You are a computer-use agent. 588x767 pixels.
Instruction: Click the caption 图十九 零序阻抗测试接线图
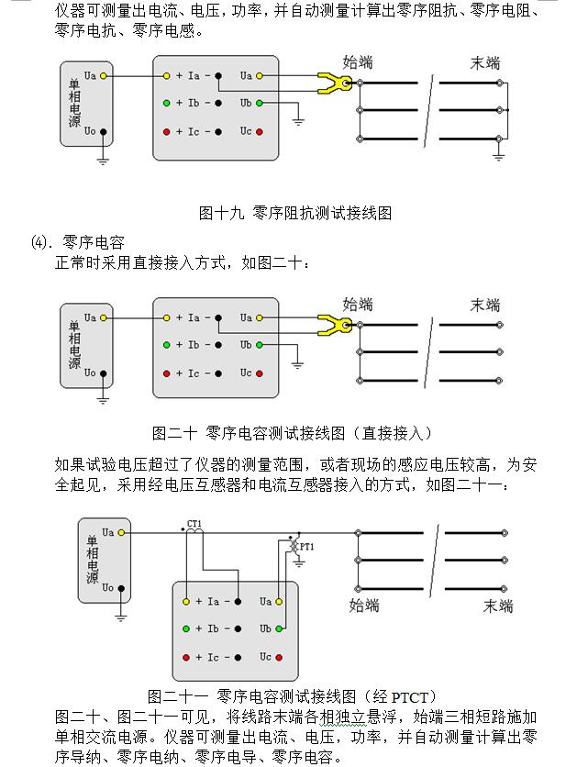point(295,213)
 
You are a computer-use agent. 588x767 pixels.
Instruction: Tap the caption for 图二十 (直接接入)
point(292,432)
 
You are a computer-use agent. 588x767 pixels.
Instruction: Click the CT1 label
point(194,524)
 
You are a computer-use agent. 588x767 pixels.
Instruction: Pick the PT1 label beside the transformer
point(305,547)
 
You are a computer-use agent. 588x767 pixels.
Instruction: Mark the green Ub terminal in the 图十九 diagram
point(260,104)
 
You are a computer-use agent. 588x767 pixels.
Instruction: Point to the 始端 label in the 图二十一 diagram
point(365,605)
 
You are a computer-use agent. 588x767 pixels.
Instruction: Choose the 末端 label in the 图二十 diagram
point(485,305)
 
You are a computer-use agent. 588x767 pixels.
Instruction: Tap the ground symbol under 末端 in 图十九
point(499,156)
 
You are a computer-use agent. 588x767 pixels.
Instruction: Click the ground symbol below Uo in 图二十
point(104,399)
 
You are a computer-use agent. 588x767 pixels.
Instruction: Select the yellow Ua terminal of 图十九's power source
point(104,75)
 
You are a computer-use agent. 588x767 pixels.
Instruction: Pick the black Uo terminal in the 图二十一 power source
point(121,588)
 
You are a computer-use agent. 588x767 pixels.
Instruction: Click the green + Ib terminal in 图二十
point(166,345)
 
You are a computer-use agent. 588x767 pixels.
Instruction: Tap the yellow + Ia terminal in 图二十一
point(186,602)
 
